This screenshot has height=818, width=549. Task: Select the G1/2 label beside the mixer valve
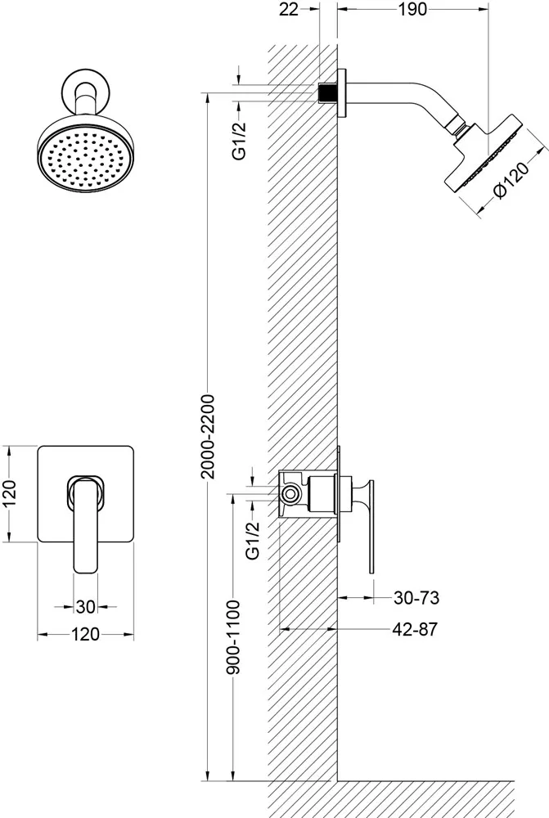click(253, 540)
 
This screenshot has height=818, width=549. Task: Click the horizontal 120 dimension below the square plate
click(86, 635)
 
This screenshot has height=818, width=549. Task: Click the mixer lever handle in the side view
click(370, 524)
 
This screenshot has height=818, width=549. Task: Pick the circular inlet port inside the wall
click(290, 494)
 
